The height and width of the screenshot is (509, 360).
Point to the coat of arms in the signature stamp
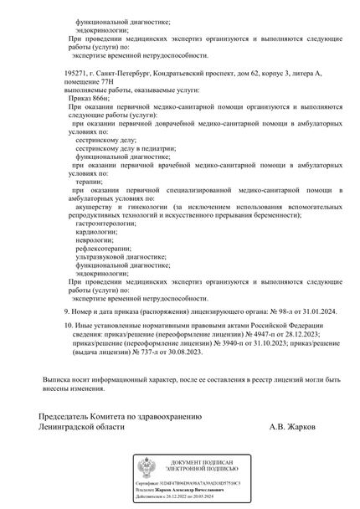click(x=147, y=467)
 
